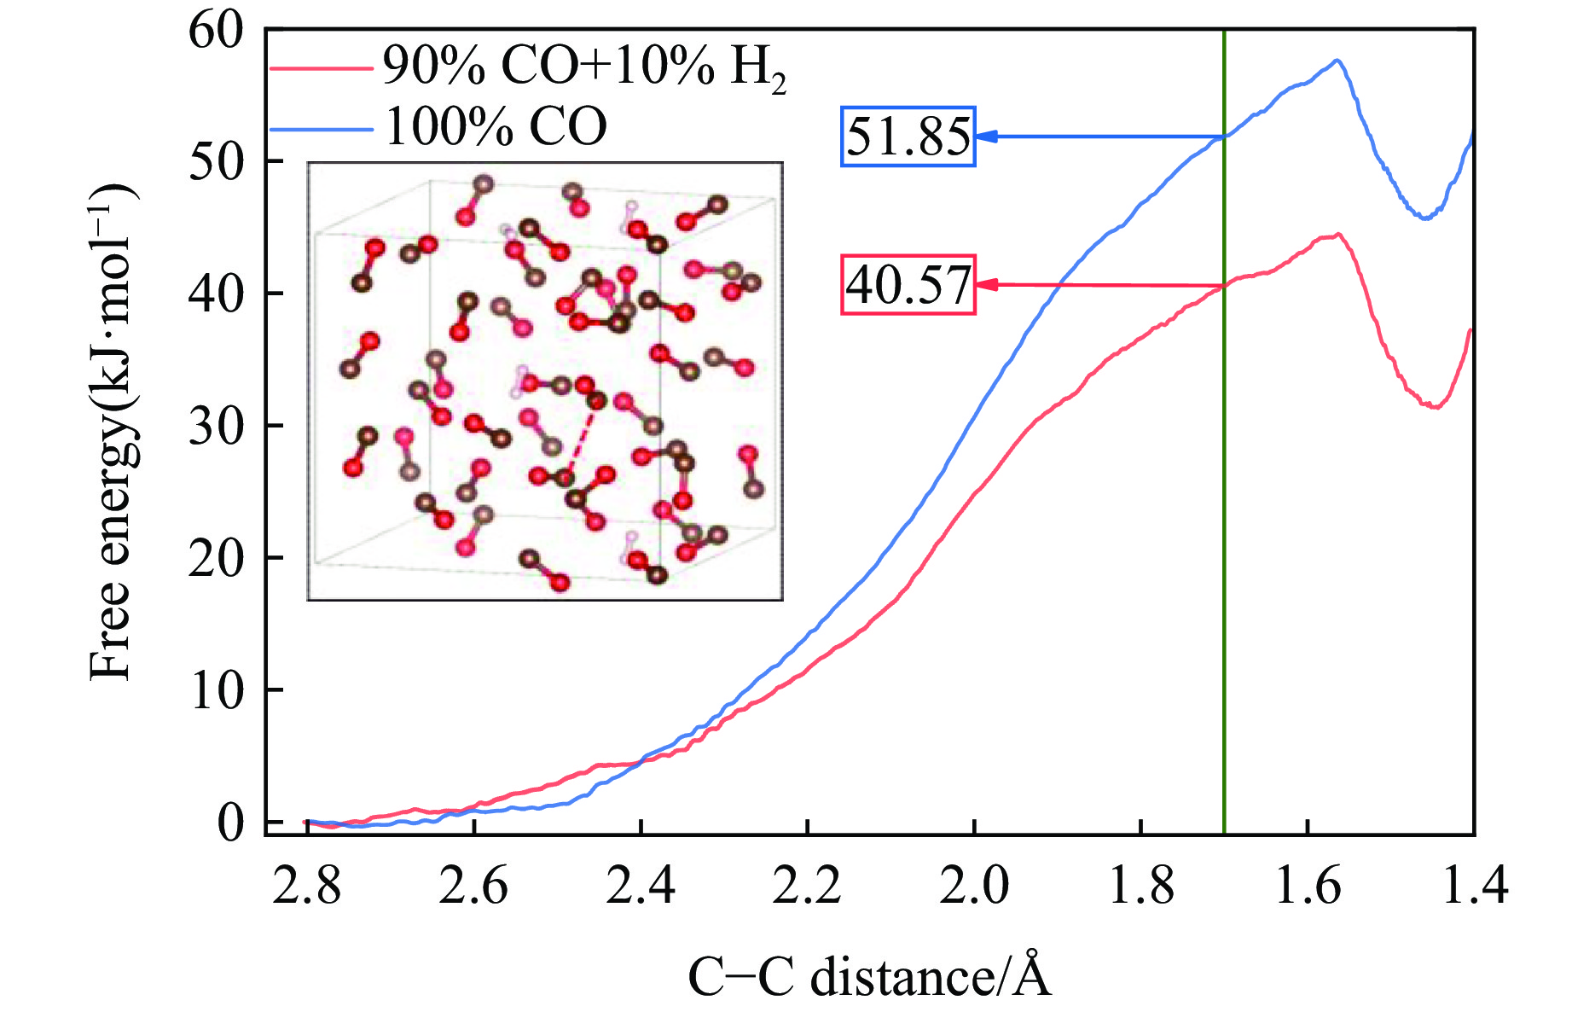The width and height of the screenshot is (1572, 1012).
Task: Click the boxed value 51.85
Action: click(908, 137)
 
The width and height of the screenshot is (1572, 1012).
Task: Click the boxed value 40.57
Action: click(908, 285)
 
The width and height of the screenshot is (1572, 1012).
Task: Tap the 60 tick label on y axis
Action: click(216, 31)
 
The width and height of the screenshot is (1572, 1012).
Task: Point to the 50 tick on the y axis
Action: click(216, 161)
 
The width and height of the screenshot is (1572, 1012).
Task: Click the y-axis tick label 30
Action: click(216, 426)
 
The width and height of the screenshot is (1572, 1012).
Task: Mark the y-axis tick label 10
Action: click(216, 690)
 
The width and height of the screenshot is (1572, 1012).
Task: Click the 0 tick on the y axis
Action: click(230, 823)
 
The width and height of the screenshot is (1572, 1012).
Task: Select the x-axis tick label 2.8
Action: click(306, 886)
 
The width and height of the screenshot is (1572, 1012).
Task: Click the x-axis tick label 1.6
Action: click(1308, 886)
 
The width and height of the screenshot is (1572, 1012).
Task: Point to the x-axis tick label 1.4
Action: click(1473, 886)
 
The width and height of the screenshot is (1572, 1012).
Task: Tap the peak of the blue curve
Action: click(1337, 60)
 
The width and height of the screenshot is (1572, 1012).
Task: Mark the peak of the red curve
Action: click(1339, 234)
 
